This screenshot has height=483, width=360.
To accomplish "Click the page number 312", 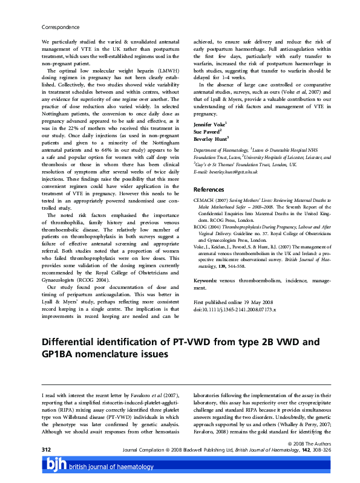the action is [47, 450].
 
